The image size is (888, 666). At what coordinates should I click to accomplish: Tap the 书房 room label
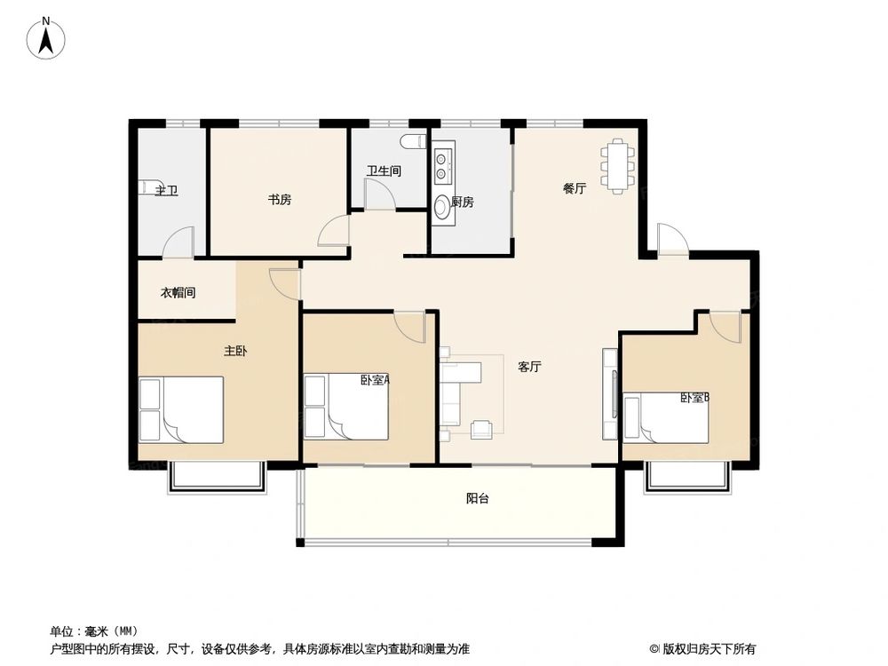click(280, 200)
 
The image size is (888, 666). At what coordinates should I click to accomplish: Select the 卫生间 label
click(384, 170)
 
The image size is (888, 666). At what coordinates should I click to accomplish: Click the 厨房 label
click(462, 202)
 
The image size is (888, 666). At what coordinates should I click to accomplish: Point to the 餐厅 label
click(575, 188)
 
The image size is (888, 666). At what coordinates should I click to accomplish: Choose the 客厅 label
click(530, 366)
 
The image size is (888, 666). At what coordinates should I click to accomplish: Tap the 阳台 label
click(477, 498)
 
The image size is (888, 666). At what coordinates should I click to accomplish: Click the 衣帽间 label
click(178, 292)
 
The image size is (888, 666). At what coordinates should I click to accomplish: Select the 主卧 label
click(235, 351)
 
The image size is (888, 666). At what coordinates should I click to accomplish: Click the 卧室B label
click(694, 398)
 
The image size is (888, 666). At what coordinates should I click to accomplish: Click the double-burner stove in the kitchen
click(442, 163)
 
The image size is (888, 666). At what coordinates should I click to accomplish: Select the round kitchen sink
click(442, 207)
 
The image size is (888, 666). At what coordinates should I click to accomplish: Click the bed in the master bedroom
click(182, 409)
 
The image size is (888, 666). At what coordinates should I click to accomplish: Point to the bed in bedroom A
click(347, 406)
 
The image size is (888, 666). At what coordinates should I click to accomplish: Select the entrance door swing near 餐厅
click(670, 240)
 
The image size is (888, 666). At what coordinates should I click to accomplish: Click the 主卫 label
click(166, 190)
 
